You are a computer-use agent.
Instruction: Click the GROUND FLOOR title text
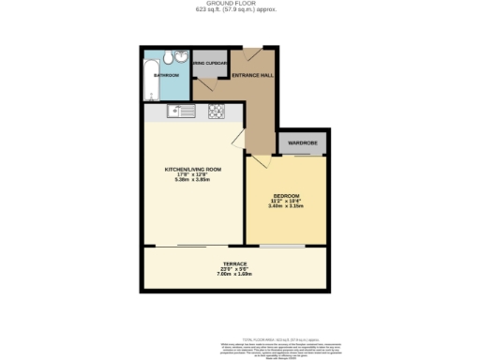coord(239,4)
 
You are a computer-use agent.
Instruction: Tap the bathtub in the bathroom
coord(151,79)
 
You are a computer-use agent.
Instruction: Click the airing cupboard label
coord(211,64)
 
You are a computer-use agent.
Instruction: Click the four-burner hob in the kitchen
coord(216,112)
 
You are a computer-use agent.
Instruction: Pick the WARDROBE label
coord(303,143)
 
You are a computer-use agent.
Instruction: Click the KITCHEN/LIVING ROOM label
coord(192,169)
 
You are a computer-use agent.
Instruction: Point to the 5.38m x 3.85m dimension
coord(192,180)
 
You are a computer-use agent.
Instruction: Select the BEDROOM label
coord(287,195)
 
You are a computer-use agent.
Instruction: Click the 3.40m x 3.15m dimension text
coord(287,206)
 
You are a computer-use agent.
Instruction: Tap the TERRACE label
coord(234,263)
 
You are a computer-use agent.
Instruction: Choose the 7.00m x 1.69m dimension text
coord(234,275)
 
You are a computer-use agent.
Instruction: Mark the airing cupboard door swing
coord(208,84)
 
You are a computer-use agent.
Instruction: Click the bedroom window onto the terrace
coord(287,246)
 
